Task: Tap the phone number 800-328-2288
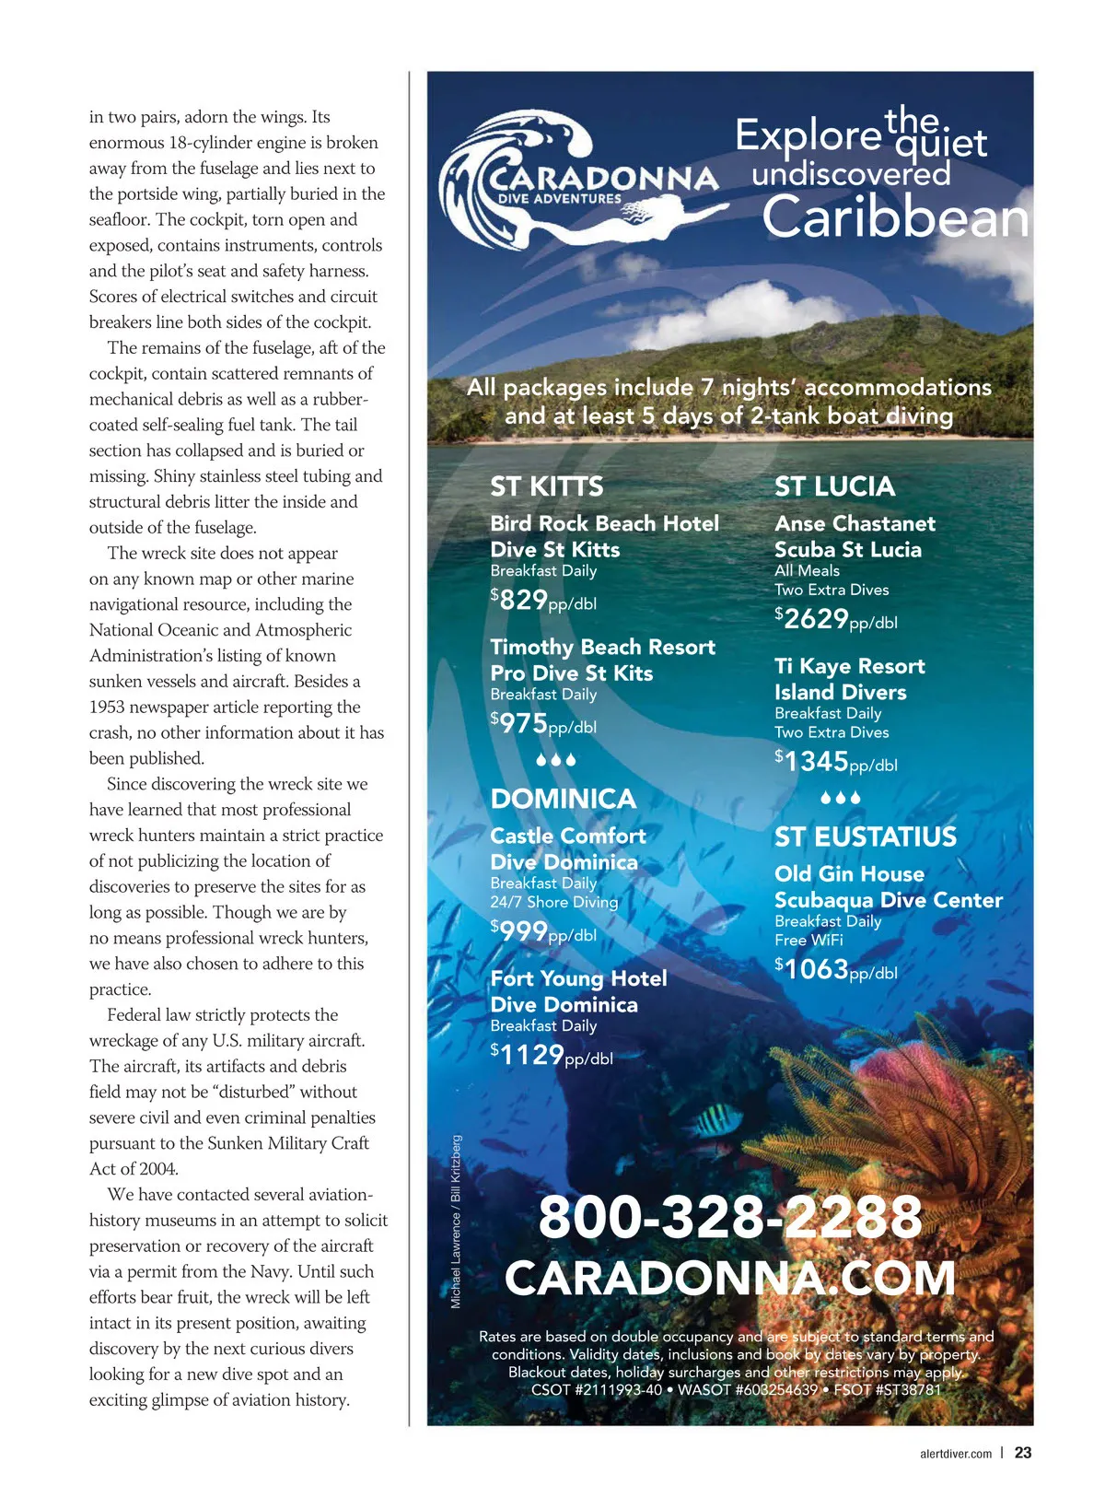click(x=729, y=1216)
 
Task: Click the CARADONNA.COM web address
click(x=729, y=1278)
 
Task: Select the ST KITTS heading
click(x=546, y=486)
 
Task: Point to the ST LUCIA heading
click(x=834, y=486)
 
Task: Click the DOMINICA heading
click(x=563, y=799)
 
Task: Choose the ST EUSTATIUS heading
click(x=865, y=836)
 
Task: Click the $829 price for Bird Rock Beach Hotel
click(x=543, y=601)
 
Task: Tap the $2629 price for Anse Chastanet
click(x=835, y=619)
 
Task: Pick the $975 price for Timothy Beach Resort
click(x=543, y=724)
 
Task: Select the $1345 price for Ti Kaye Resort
click(x=835, y=762)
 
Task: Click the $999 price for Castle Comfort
click(x=543, y=932)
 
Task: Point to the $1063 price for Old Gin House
click(x=835, y=969)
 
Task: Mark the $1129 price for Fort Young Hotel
click(x=551, y=1055)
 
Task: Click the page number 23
click(x=1023, y=1453)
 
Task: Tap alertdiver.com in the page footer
click(x=956, y=1454)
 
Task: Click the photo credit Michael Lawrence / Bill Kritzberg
click(x=456, y=1222)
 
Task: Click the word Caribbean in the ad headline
click(x=894, y=217)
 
